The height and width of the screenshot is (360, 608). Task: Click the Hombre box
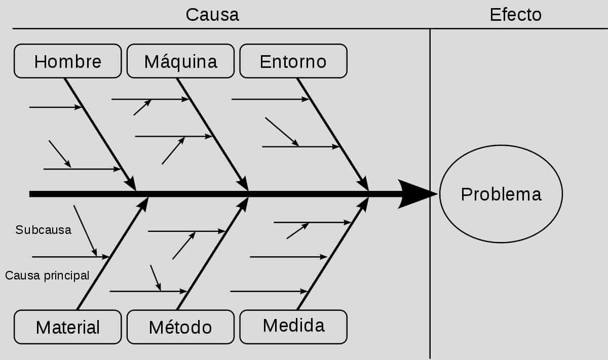point(67,61)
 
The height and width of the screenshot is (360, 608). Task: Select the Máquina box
point(180,61)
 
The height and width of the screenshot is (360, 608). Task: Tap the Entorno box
point(293,61)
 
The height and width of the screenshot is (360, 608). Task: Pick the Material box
point(67,327)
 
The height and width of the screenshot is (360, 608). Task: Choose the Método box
point(180,327)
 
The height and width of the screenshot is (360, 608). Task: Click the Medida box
point(293,327)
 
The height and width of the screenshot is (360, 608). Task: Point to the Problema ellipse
point(501,194)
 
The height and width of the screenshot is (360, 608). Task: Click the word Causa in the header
point(212,15)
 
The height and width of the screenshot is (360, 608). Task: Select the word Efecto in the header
point(516,15)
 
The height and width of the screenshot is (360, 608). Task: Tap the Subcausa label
point(44,230)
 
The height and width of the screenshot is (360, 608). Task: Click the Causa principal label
point(47,275)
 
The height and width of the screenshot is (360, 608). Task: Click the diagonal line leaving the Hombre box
point(100,134)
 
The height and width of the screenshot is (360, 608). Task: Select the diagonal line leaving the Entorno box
point(333,134)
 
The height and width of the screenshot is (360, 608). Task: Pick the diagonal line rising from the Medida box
point(333,254)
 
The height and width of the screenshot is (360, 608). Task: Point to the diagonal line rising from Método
point(212,254)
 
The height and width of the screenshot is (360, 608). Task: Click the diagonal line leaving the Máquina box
point(212,134)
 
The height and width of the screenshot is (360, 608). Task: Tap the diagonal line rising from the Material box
point(112,254)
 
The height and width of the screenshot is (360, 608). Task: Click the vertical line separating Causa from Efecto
point(430,194)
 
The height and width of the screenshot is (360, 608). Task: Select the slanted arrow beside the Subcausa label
point(85,231)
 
